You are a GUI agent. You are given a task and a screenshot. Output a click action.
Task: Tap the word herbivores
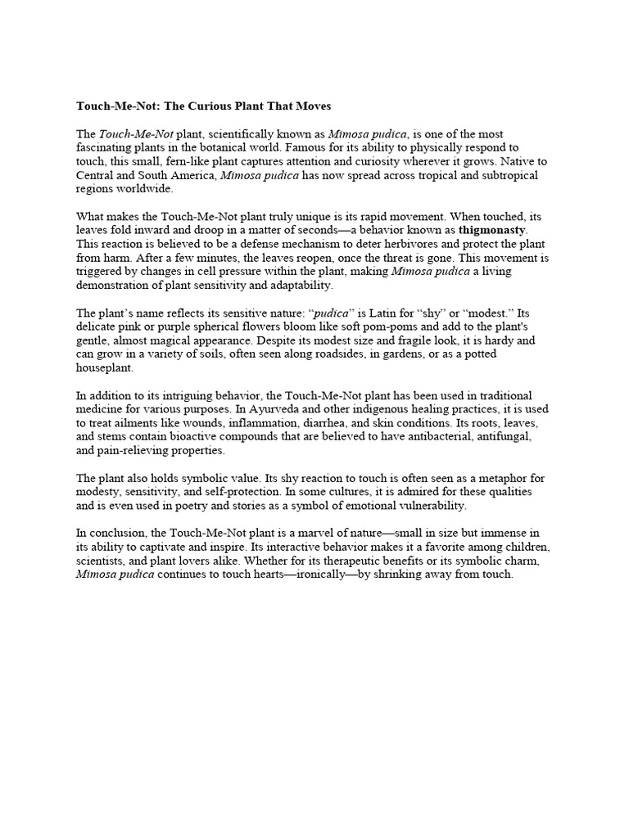[354, 245]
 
